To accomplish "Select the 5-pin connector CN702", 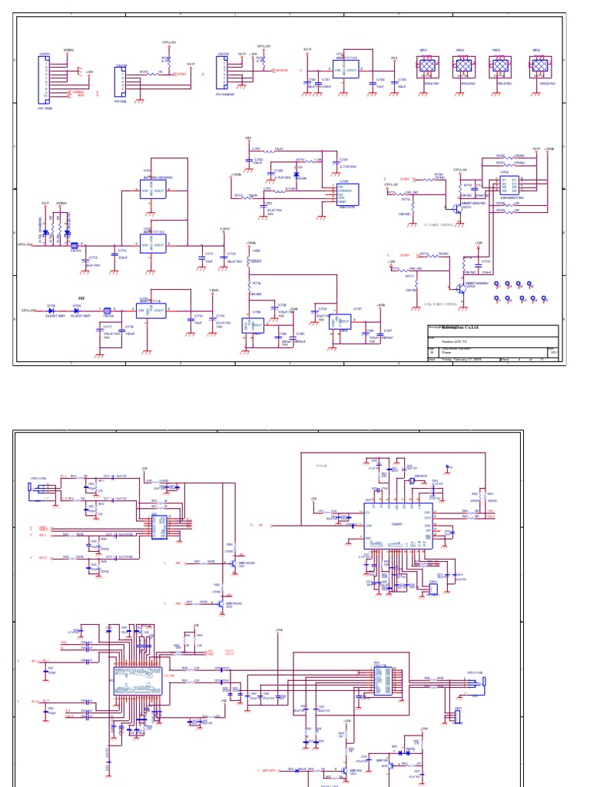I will click(121, 82).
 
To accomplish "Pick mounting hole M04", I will click(538, 68).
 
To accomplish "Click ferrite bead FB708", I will click(108, 311).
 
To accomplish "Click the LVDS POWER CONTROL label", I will click(440, 304).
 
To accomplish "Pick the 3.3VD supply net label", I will click(224, 228).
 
